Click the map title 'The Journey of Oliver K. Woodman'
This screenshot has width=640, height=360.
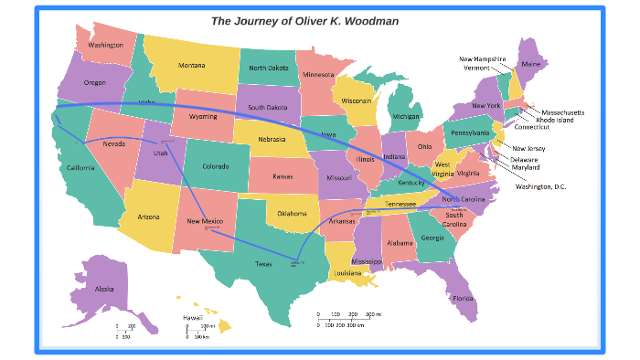304,20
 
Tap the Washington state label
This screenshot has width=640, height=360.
106,45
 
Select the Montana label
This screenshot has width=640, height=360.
191,65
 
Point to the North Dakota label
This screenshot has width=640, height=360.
269,68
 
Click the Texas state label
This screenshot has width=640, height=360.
263,264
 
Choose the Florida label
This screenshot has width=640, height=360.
463,298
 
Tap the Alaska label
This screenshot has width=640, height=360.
104,290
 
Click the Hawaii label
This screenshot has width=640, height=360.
192,317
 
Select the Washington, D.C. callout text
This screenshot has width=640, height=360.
540,186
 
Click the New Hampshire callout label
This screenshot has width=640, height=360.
483,58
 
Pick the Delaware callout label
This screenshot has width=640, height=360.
525,159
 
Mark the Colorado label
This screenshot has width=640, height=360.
215,166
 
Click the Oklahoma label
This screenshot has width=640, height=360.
293,213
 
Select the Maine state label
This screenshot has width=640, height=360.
530,65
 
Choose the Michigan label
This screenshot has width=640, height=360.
406,117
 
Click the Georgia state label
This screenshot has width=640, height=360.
432,238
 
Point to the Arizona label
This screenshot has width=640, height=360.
149,217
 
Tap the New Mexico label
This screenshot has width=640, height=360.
205,221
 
